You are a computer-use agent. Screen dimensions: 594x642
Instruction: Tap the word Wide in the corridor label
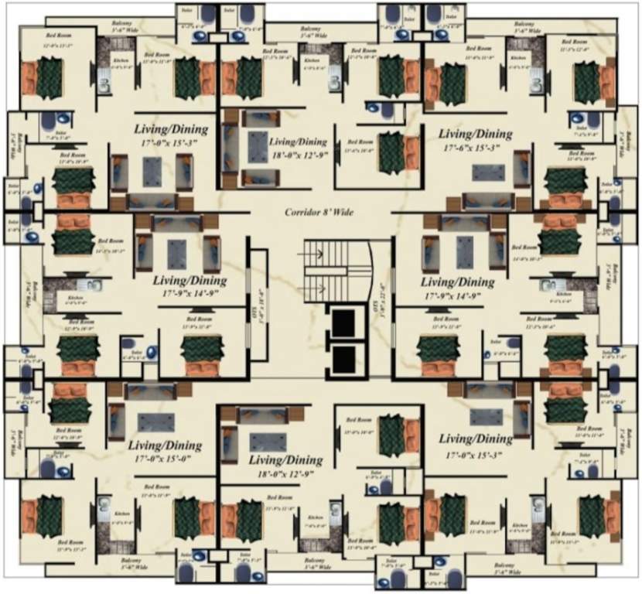341,212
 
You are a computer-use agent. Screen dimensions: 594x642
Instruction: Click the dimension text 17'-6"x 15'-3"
476,147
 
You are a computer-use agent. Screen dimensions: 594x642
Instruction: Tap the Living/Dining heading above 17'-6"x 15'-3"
475,134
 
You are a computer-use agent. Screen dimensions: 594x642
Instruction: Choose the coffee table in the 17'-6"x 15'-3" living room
489,172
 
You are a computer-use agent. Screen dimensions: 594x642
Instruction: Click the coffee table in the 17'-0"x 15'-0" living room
151,422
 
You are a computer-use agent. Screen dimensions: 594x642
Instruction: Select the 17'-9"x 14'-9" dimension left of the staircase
189,294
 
